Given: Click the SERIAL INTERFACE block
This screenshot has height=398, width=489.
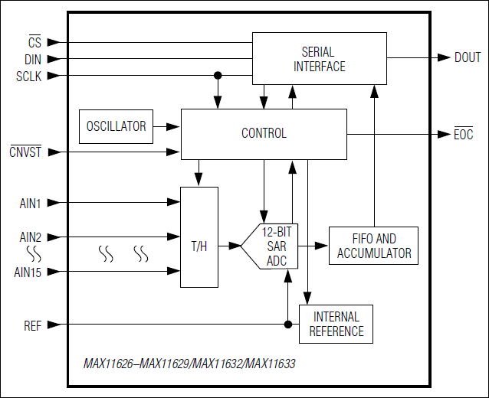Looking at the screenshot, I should [x=318, y=59].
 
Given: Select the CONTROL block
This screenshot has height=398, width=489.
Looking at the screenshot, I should [x=264, y=133].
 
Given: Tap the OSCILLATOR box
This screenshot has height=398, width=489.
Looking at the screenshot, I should [x=116, y=126].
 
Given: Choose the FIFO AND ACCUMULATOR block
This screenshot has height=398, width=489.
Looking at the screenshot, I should [x=373, y=246].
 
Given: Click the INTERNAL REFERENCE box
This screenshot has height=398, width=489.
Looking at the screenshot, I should [x=336, y=324].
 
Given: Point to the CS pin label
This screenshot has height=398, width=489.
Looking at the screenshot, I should [x=34, y=43].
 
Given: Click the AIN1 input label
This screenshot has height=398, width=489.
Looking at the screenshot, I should [x=30, y=203].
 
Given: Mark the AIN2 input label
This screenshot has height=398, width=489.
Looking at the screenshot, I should [x=30, y=237].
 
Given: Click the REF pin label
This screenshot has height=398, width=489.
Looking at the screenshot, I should [x=32, y=325].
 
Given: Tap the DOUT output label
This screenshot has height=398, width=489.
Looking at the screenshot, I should [x=468, y=58].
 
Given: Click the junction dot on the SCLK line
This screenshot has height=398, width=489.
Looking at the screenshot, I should [x=218, y=76].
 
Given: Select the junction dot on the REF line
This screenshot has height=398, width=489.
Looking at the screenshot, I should [x=288, y=325].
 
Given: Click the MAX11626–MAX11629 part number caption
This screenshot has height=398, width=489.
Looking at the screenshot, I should [x=189, y=364].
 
